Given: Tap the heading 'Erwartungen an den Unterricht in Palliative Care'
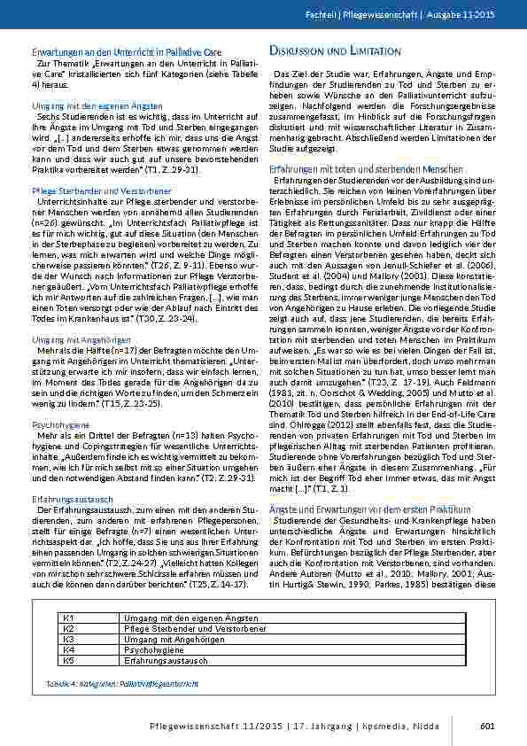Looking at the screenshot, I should click(114, 53).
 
